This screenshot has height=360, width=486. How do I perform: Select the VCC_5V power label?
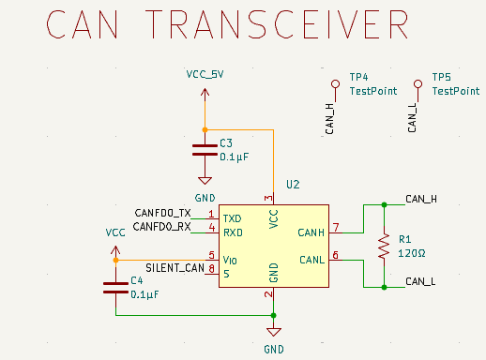tap(205, 74)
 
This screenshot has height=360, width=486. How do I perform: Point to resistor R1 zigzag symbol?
tap(383, 246)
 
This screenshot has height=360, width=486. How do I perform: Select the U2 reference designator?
tap(293, 186)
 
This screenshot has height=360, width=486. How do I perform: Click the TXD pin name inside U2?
tap(233, 217)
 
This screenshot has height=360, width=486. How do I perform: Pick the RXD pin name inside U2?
tap(233, 231)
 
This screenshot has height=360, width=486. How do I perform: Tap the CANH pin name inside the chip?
tap(311, 232)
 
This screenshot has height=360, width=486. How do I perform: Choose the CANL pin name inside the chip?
tap(311, 259)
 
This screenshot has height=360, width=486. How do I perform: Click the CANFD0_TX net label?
tap(162, 213)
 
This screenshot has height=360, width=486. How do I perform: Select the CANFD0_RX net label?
tap(162, 226)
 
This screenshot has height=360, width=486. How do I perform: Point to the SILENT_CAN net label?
tap(175, 267)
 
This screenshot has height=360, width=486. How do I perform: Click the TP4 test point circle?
tap(336, 83)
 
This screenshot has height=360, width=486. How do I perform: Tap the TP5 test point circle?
tap(418, 83)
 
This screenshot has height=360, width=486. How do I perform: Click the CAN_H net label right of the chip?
tap(419, 199)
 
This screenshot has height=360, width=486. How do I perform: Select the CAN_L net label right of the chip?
tap(419, 280)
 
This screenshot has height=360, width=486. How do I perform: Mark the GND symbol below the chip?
tap(273, 332)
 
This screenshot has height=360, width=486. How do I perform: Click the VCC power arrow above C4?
tap(115, 250)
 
